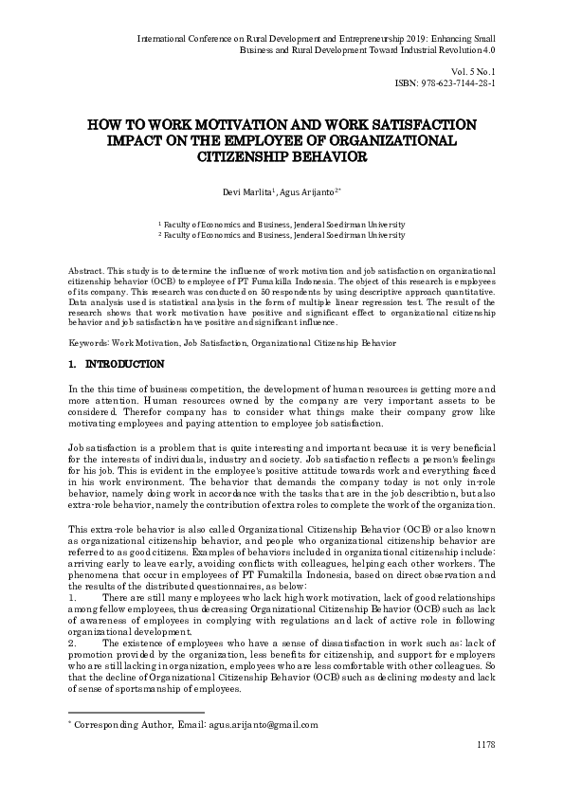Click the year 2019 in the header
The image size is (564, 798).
click(381, 39)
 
